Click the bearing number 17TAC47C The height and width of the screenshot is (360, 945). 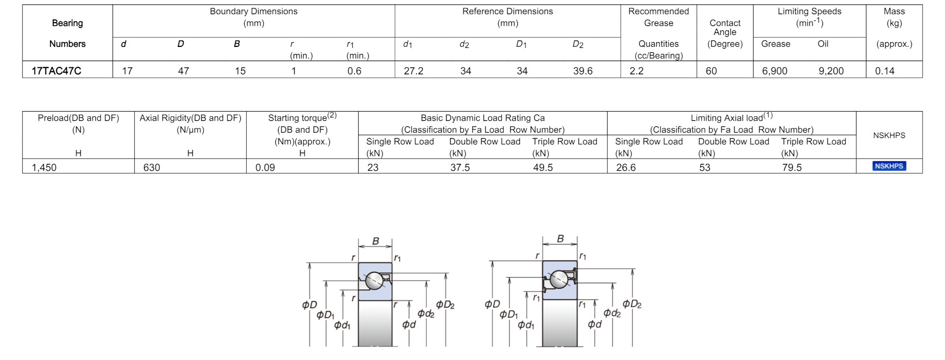coord(56,71)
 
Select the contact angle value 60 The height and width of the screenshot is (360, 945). coord(711,71)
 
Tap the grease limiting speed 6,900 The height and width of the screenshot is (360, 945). coord(774,71)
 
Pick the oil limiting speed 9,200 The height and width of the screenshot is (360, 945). coord(831,71)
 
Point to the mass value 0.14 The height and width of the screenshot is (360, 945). coord(885,71)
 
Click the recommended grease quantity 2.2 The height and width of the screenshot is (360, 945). coord(636,71)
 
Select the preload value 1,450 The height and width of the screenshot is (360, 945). coord(44,167)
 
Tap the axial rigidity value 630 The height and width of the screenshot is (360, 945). coord(151,167)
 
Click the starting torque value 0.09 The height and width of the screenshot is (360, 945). coord(265,167)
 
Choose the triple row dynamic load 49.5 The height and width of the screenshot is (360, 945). coord(543,167)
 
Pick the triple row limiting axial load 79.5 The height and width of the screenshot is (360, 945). coord(792,167)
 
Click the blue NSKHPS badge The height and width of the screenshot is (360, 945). coord(889,166)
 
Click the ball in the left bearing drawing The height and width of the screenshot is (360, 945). coord(374,281)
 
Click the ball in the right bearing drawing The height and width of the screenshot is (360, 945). coord(559,279)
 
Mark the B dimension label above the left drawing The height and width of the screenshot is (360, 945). coord(376,241)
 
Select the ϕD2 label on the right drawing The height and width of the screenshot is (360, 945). coord(631,304)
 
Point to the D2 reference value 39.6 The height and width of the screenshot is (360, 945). coord(582,71)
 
